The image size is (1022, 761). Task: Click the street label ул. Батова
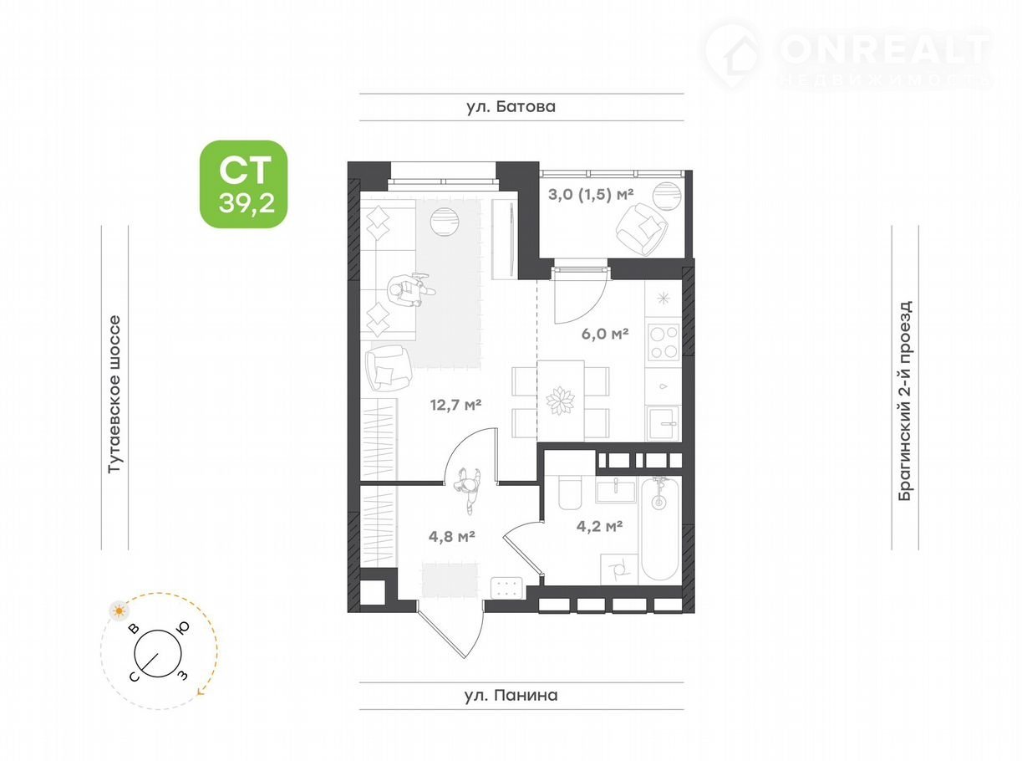[x=511, y=107]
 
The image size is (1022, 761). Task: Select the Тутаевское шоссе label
[x=114, y=395]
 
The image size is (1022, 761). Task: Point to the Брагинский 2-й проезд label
[x=905, y=401]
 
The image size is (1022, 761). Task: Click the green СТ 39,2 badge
[x=243, y=184]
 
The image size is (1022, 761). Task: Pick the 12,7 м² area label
[x=455, y=405]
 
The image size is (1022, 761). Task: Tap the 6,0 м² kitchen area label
[x=605, y=333]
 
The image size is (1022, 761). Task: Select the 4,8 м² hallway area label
[x=451, y=536]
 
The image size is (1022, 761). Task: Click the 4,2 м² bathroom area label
[x=599, y=526]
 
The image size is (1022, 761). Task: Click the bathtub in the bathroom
[x=660, y=529]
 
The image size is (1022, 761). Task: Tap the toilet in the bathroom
[x=571, y=492]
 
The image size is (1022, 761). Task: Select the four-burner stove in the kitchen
[x=664, y=342]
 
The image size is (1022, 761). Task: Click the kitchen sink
[x=664, y=423]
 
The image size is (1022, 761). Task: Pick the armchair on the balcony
[x=642, y=229]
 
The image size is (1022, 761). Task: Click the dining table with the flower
[x=561, y=400]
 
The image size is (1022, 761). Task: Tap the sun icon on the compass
[x=119, y=610]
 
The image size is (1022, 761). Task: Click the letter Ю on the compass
[x=183, y=627]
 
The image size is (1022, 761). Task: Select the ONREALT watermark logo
[x=847, y=56]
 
